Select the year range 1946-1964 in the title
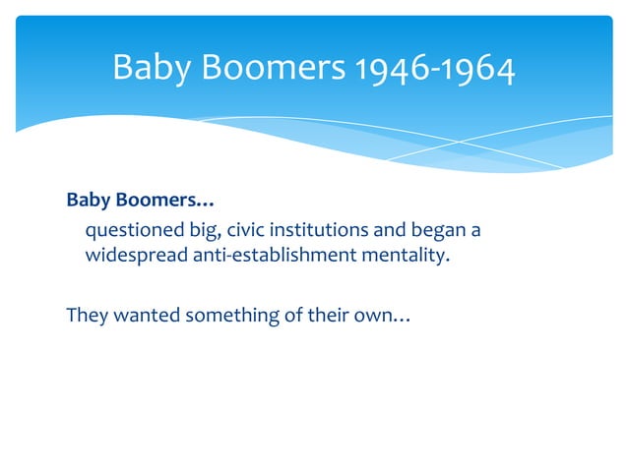tap(432, 68)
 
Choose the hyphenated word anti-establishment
tap(261, 257)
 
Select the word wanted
tap(139, 316)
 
